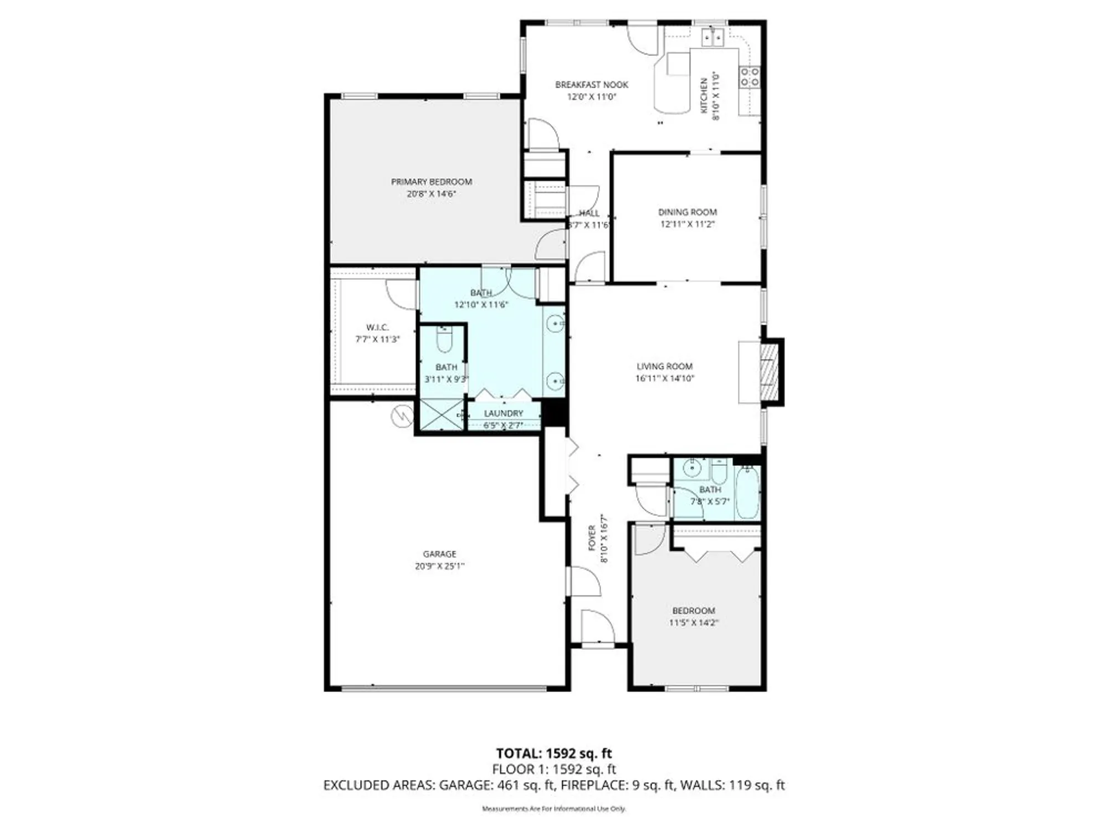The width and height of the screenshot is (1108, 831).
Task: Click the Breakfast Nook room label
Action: [x=591, y=85]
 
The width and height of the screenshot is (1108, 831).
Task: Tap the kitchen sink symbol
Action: [x=712, y=38]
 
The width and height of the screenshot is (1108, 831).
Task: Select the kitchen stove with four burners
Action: [x=750, y=76]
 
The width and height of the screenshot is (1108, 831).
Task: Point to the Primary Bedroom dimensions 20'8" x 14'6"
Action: [x=431, y=194]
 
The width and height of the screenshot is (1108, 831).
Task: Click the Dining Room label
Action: [x=687, y=212]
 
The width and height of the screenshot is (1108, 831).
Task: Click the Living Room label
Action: [x=664, y=366]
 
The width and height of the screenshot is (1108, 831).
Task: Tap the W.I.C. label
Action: [x=377, y=327]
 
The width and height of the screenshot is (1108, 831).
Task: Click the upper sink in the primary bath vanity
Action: [x=554, y=323]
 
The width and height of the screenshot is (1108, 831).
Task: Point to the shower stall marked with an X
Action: [x=442, y=414]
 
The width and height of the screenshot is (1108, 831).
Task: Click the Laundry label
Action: [x=503, y=413]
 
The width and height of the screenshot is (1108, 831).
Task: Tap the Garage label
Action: [x=439, y=554]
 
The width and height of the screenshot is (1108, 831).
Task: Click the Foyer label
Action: [x=592, y=538]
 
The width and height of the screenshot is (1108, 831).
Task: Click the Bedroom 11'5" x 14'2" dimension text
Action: [x=693, y=623]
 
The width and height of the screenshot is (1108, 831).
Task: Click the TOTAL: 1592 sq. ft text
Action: [x=553, y=753]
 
